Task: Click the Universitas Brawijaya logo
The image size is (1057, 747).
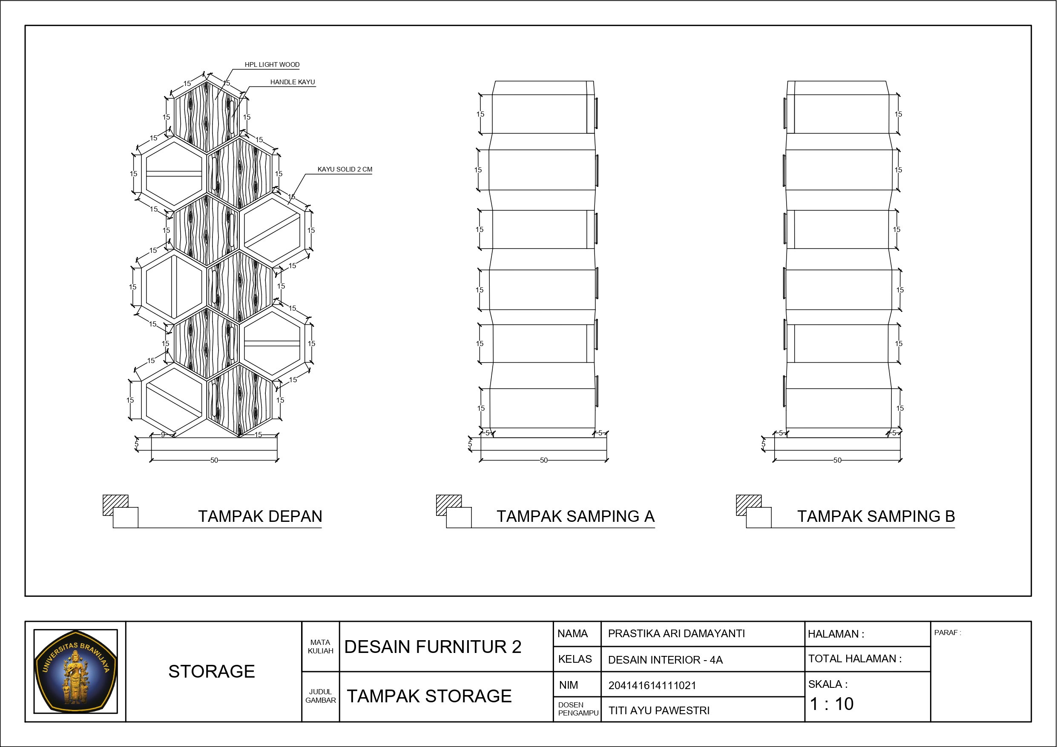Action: pyautogui.click(x=75, y=671)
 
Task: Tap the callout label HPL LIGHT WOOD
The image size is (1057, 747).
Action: pyautogui.click(x=272, y=64)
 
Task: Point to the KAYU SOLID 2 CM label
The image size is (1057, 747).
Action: pyautogui.click(x=345, y=169)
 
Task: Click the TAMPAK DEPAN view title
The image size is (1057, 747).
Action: pyautogui.click(x=260, y=516)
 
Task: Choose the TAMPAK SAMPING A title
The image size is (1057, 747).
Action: pyautogui.click(x=575, y=516)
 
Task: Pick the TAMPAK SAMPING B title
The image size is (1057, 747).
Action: pyautogui.click(x=876, y=516)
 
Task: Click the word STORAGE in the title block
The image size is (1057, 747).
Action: pyautogui.click(x=212, y=672)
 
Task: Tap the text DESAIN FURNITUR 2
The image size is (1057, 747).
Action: pyautogui.click(x=433, y=647)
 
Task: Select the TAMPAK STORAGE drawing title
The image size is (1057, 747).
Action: pyautogui.click(x=429, y=696)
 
